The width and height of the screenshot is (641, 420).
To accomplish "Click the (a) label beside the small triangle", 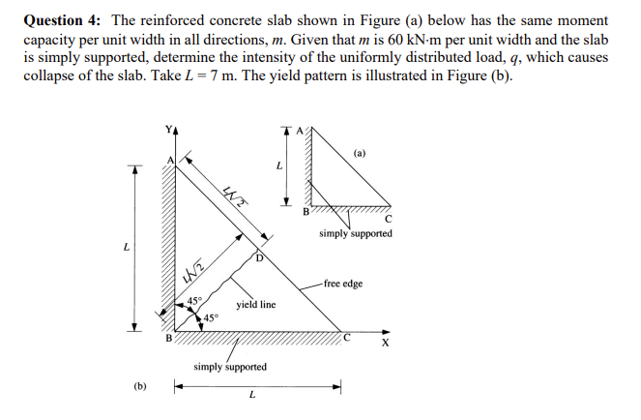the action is click(361, 153).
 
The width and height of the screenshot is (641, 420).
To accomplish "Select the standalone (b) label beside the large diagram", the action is click(140, 385).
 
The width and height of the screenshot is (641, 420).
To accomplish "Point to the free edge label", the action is click(343, 284).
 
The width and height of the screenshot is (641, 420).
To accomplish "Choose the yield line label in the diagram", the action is click(255, 304).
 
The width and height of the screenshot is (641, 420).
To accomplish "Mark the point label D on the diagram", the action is click(259, 258).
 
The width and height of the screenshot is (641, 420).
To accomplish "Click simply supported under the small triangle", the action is click(356, 233).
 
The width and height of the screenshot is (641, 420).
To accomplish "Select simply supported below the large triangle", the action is click(230, 367).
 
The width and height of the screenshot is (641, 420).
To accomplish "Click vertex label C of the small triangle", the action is click(389, 219).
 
